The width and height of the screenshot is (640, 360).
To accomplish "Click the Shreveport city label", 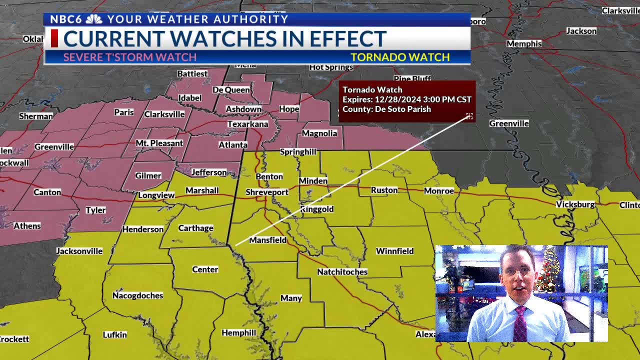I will tap(267, 192).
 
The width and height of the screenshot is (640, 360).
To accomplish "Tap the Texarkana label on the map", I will tap(247, 124).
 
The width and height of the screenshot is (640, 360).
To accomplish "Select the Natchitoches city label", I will tap(342, 271).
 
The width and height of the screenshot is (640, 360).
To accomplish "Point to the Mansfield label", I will tap(267, 240).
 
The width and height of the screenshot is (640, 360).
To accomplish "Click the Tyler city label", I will tap(95, 210).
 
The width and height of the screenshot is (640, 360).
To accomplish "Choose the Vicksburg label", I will tap(575, 204).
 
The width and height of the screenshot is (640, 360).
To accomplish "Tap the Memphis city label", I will tap(523, 44).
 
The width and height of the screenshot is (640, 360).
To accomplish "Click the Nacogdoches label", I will tap(137, 295).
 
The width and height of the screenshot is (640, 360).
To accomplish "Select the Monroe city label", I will tap(438, 190).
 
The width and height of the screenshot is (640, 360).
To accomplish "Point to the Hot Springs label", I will tap(331, 67).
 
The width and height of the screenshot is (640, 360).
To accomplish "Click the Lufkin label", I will tap(114, 334).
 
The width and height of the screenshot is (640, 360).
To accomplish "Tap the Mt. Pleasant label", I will tap(159, 143).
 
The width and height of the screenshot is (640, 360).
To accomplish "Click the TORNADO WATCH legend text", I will tap(400, 57).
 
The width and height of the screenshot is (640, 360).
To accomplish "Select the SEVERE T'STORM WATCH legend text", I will tap(129, 57).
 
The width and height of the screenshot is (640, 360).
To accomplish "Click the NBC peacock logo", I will tap(94, 19).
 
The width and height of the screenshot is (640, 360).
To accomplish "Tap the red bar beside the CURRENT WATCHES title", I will tap(54, 38).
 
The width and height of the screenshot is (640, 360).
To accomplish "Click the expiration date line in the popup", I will tap(406, 99).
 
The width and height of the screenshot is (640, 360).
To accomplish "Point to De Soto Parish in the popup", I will tap(402, 109).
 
